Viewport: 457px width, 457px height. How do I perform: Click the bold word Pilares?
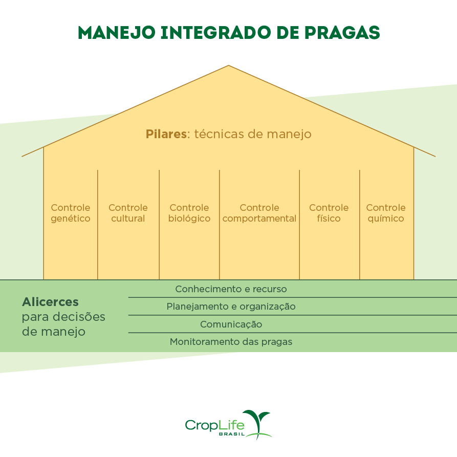(166, 135)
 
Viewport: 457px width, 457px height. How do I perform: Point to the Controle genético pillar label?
(71, 213)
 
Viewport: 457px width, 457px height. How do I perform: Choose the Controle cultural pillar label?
(128, 213)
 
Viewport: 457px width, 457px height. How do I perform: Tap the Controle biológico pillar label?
(189, 213)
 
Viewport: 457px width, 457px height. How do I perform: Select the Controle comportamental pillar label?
(259, 213)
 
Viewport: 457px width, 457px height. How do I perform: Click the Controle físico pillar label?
(329, 213)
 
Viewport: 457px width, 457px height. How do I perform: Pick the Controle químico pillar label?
(386, 213)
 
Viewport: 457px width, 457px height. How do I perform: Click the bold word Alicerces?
(50, 301)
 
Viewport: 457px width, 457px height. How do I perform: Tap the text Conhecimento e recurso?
(231, 289)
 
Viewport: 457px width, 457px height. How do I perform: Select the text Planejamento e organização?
(231, 307)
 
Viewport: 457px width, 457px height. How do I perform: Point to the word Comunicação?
(231, 324)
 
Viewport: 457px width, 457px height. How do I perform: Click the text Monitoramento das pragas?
(231, 342)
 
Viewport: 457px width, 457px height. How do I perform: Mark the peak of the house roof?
(228, 66)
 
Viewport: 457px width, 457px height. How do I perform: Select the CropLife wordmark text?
(214, 425)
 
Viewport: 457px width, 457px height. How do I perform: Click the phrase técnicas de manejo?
(252, 135)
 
